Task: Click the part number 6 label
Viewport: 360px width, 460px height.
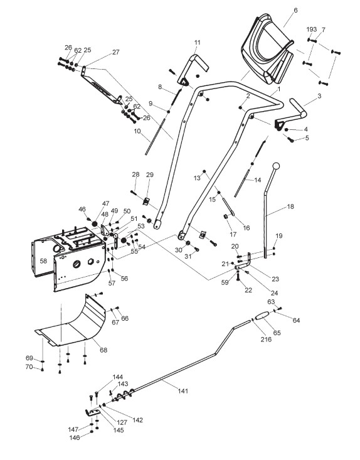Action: (295, 10)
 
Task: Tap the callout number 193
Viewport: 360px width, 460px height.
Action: (311, 29)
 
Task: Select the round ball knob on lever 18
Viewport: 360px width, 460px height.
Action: (276, 166)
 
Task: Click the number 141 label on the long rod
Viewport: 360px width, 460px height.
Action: (183, 391)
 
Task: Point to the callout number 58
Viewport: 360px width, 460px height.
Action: (43, 261)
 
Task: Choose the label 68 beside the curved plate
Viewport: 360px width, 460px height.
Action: (103, 350)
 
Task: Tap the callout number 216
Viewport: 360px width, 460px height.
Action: (266, 339)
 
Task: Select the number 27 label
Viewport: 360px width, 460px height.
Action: (116, 52)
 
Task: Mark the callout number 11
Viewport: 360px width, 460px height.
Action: (198, 43)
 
